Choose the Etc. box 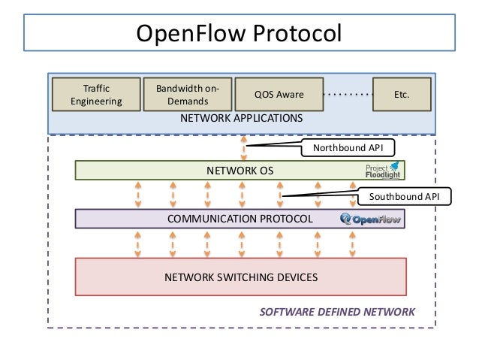click(x=402, y=95)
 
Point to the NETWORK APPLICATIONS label click(x=241, y=119)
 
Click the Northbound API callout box click(x=348, y=148)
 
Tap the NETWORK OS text click(x=240, y=171)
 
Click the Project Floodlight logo click(x=383, y=170)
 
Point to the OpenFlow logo click(x=371, y=219)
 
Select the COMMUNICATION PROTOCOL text click(x=240, y=219)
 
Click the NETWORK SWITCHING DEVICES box click(x=241, y=277)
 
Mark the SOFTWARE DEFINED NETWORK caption click(x=336, y=311)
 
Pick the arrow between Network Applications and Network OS click(x=243, y=147)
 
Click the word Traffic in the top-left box click(x=96, y=89)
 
